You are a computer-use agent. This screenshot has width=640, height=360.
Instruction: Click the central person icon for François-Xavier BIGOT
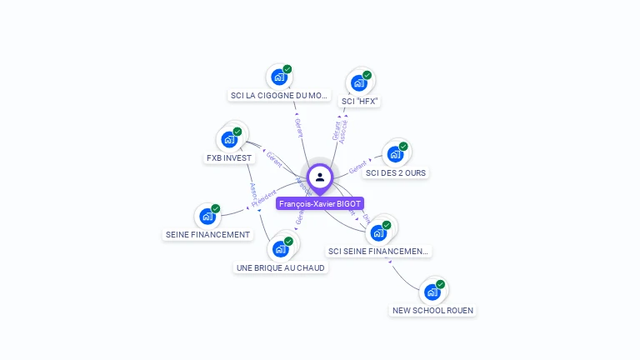point(320,177)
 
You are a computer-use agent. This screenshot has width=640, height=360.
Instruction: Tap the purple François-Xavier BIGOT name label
point(320,203)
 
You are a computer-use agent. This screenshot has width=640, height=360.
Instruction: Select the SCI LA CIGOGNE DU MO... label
point(279,96)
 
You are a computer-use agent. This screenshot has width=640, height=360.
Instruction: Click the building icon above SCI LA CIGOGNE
point(279,77)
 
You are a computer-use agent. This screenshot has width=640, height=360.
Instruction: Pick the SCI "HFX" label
point(360,101)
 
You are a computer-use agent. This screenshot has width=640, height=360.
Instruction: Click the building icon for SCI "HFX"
point(359,82)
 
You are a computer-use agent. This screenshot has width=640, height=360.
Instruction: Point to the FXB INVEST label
point(228,158)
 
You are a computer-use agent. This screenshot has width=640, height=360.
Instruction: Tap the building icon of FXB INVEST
point(229,139)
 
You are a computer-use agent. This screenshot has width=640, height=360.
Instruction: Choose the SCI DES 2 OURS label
point(396,173)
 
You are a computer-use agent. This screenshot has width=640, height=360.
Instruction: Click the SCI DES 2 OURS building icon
point(395,154)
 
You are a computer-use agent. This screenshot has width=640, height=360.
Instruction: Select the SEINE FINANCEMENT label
point(207,235)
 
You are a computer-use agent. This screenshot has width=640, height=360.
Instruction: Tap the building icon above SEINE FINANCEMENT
point(207,217)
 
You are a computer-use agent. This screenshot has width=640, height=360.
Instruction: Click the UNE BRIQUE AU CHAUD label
point(281,268)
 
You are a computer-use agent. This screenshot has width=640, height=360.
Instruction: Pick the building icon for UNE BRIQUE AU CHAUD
point(281,249)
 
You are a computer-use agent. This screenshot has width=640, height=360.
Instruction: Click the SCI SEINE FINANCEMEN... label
point(379,251)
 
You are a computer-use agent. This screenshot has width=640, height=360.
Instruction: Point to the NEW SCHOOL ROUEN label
point(432,311)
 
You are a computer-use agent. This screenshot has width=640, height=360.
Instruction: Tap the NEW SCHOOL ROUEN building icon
point(432,292)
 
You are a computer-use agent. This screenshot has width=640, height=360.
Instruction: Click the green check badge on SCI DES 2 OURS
point(403,147)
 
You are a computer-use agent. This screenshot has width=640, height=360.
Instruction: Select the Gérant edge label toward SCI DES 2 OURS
point(357,167)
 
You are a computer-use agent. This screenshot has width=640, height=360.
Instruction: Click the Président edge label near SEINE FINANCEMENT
point(262,198)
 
